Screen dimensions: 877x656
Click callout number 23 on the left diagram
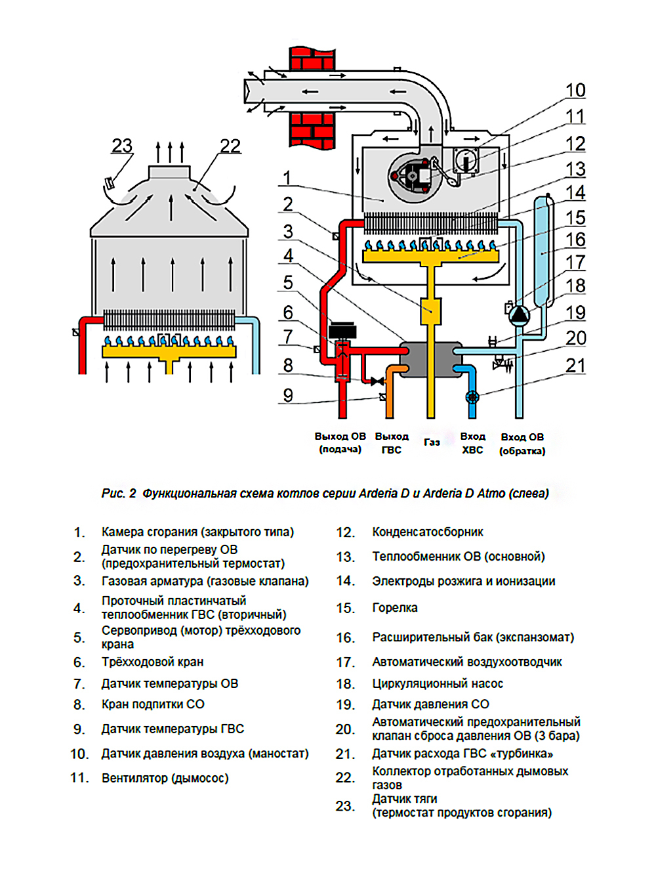[x=122, y=146]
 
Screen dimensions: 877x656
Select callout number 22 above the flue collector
[x=230, y=146]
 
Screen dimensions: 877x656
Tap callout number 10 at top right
[x=575, y=91]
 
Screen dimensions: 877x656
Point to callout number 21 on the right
[x=575, y=366]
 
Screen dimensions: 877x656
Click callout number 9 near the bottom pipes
[x=288, y=395]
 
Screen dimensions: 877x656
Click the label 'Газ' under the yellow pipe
[x=432, y=442]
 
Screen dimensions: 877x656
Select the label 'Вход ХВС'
[x=472, y=443]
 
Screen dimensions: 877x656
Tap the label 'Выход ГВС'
[x=392, y=443]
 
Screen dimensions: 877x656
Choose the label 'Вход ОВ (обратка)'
[x=522, y=444]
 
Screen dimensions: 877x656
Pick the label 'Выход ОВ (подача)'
[x=340, y=442]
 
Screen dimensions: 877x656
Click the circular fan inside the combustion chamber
[x=414, y=176]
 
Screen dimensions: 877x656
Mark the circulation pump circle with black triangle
[x=519, y=315]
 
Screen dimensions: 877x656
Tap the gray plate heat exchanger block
[x=430, y=359]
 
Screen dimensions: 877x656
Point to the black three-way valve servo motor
[x=342, y=330]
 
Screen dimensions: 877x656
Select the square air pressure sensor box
[x=466, y=161]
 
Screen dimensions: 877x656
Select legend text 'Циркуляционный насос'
[x=438, y=683]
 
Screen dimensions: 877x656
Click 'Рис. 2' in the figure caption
[x=119, y=494]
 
